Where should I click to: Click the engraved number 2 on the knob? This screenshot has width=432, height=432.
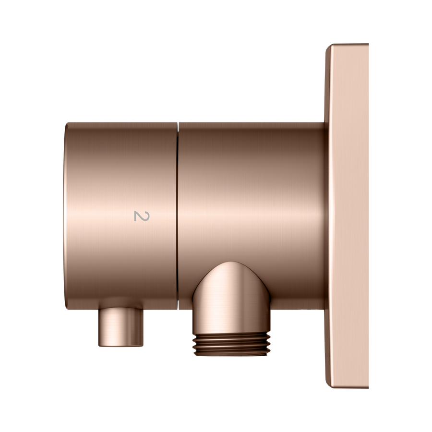(142, 216)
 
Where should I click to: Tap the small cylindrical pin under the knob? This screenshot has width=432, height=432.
(121, 327)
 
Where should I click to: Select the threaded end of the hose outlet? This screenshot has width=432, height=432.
(231, 344)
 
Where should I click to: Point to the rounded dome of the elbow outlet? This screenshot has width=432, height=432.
(231, 278)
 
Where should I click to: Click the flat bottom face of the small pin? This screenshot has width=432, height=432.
(121, 345)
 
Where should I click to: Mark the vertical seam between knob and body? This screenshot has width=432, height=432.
(178, 216)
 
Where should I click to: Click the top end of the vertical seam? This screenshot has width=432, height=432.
(178, 123)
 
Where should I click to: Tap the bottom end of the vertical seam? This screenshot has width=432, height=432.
(178, 310)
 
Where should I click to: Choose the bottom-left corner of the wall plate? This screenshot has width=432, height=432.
(327, 386)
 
